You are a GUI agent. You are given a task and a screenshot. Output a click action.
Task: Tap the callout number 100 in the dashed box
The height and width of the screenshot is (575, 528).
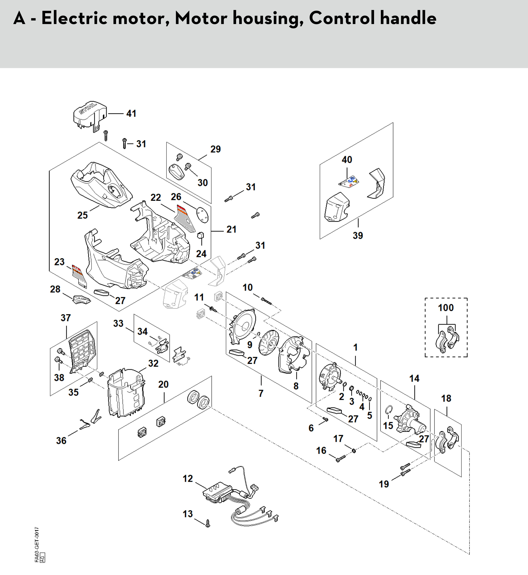click(446, 308)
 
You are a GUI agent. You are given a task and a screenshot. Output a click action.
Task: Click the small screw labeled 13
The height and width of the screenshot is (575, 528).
click(208, 523)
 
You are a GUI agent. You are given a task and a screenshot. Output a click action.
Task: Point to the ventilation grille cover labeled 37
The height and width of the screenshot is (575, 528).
click(82, 351)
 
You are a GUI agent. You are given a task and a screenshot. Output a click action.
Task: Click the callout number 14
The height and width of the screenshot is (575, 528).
click(414, 379)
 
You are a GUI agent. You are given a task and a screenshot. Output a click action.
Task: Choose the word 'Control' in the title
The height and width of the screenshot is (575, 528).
click(342, 18)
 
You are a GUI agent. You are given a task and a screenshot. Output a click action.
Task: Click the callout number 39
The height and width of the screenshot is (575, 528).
click(358, 235)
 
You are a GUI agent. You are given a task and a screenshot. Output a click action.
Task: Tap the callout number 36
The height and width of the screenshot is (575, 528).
click(61, 441)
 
